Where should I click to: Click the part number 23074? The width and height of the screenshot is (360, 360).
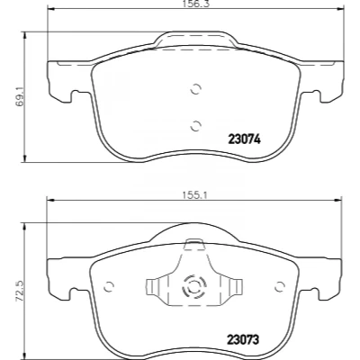click(245, 139)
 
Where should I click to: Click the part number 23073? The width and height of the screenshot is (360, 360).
click(243, 340)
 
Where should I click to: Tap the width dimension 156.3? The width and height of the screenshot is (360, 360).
click(194, 4)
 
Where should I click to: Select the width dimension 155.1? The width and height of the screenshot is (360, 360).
click(195, 195)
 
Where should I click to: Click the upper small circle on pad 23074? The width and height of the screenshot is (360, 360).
click(195, 89)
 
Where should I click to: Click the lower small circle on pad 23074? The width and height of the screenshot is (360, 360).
click(195, 126)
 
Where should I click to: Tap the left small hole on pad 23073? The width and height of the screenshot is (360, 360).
click(109, 287)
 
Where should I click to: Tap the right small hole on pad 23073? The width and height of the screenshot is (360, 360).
click(280, 287)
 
